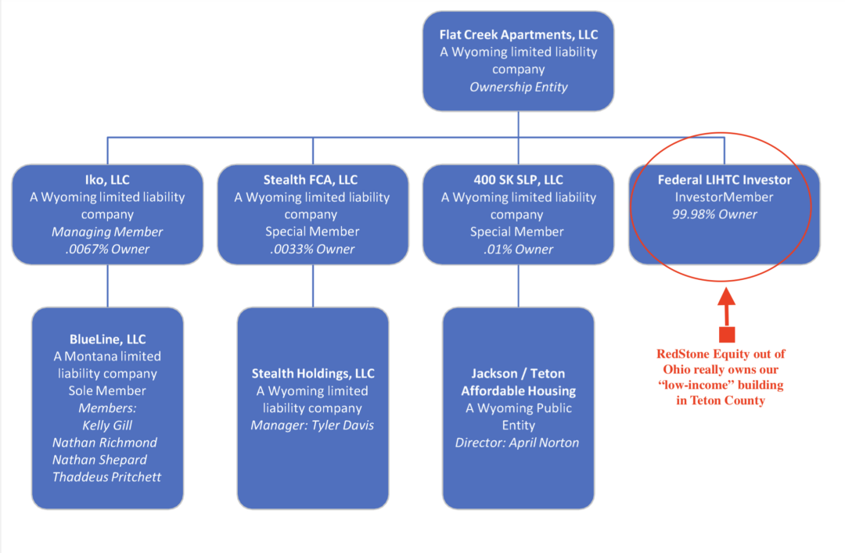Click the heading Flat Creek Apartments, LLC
tap(519, 34)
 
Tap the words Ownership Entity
tap(519, 87)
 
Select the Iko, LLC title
tap(107, 179)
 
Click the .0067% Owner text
tap(107, 249)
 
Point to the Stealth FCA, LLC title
tap(311, 179)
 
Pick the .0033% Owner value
tap(312, 249)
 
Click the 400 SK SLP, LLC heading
tap(519, 179)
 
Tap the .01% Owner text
tap(519, 249)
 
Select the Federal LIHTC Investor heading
tap(725, 179)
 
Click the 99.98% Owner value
tap(714, 214)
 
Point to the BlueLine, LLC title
tap(107, 339)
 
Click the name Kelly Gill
tap(107, 426)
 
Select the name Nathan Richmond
tap(105, 443)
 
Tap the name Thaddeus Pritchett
tap(106, 477)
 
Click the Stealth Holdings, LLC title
tap(313, 374)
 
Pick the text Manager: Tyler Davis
tap(312, 426)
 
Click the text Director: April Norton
tap(517, 443)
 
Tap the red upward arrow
tap(726, 315)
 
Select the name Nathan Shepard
tap(99, 460)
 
